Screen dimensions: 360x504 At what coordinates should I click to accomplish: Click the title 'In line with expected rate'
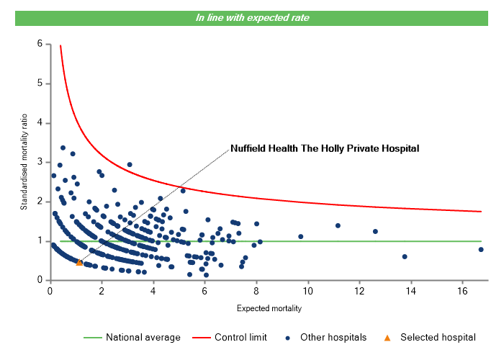252,18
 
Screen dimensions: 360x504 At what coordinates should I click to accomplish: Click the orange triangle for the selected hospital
79,262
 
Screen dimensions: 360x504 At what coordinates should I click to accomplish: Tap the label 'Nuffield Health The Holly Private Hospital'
324,148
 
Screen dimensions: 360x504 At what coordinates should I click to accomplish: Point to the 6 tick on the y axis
39,45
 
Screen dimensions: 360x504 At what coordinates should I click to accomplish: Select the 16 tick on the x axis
462,290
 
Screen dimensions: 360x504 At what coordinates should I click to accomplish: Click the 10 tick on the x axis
307,290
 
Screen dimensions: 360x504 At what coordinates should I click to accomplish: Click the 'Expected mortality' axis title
269,309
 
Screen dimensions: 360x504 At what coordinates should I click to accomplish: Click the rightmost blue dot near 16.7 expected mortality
481,250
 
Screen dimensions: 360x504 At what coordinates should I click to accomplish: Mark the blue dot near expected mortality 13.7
405,256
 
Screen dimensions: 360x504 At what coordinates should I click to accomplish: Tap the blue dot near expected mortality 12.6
375,231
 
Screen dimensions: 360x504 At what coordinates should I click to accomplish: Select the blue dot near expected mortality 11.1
338,225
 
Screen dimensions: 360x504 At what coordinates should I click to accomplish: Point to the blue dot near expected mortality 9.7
301,236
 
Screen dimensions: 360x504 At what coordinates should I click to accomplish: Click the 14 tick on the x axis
410,290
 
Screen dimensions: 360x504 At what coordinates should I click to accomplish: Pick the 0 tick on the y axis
39,280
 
